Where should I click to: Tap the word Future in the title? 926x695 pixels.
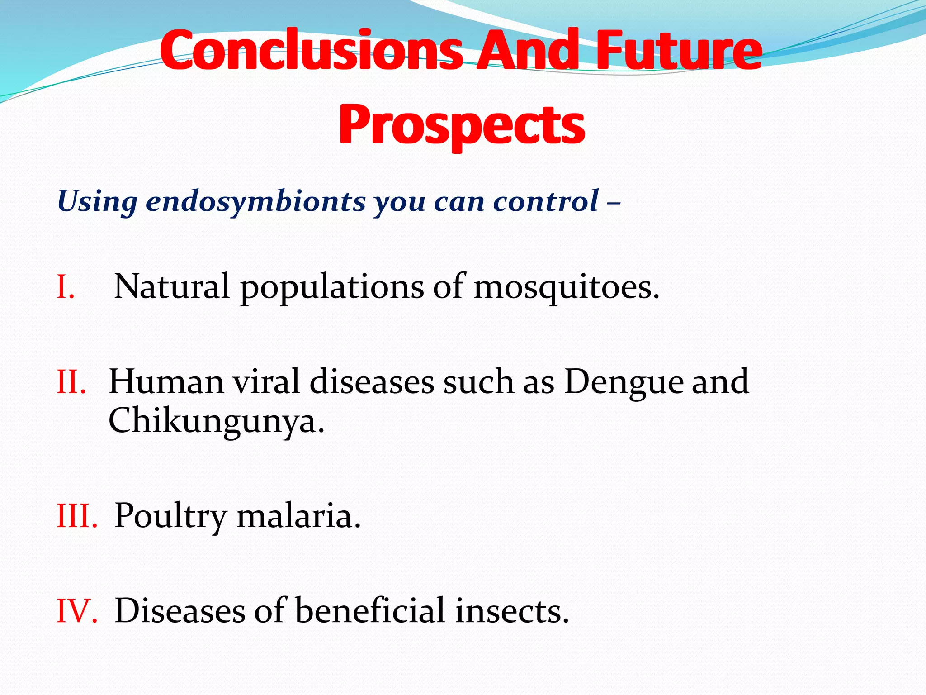coord(678,51)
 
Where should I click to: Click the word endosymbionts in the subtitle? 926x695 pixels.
coord(255,201)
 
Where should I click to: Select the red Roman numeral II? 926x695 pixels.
coord(71,382)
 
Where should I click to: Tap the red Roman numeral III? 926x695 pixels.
coord(76,516)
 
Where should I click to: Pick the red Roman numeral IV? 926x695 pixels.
coord(76,611)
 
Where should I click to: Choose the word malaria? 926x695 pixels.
coord(298,516)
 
